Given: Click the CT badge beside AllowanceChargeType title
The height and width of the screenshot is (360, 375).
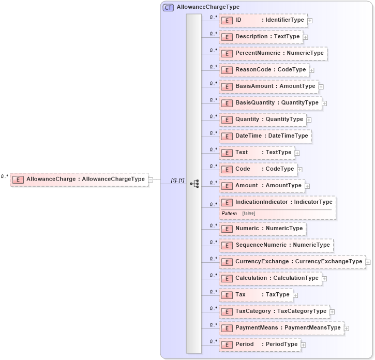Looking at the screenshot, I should click(168, 7).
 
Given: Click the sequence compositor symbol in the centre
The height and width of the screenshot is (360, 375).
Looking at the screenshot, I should click(194, 183).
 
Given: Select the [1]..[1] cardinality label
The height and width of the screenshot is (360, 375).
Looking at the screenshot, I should click(177, 180).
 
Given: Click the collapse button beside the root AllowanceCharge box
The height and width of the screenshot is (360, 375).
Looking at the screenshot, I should click(151, 179).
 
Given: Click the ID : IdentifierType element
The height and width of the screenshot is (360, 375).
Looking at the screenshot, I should click(263, 20).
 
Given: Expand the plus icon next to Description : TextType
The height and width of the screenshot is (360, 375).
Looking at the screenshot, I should click(306, 37).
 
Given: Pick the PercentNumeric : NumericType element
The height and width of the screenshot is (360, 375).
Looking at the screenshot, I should click(273, 53).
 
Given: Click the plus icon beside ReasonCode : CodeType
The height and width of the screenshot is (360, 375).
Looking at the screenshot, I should click(312, 70).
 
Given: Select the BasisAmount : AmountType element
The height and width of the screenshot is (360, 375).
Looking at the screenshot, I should click(268, 86).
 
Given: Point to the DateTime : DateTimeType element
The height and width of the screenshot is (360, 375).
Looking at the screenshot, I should click(265, 136).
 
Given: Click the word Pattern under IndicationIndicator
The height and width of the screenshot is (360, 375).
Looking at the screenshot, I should click(229, 213).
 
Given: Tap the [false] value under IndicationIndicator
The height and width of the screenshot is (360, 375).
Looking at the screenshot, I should click(248, 213).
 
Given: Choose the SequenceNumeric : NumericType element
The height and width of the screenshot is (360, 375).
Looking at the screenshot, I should click(276, 245).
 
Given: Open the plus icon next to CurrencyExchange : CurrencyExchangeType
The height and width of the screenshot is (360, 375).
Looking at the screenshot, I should click(368, 262).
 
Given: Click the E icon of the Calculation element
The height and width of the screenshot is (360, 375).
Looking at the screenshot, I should click(226, 278).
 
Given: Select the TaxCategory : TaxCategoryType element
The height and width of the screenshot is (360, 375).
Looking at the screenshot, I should click(274, 311).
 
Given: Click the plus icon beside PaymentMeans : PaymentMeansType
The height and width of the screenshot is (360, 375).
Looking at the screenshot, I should click(347, 328).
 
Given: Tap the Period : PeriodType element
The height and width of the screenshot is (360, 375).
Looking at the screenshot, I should click(260, 344).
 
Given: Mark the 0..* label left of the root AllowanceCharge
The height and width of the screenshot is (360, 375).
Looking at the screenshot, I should click(4, 176).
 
